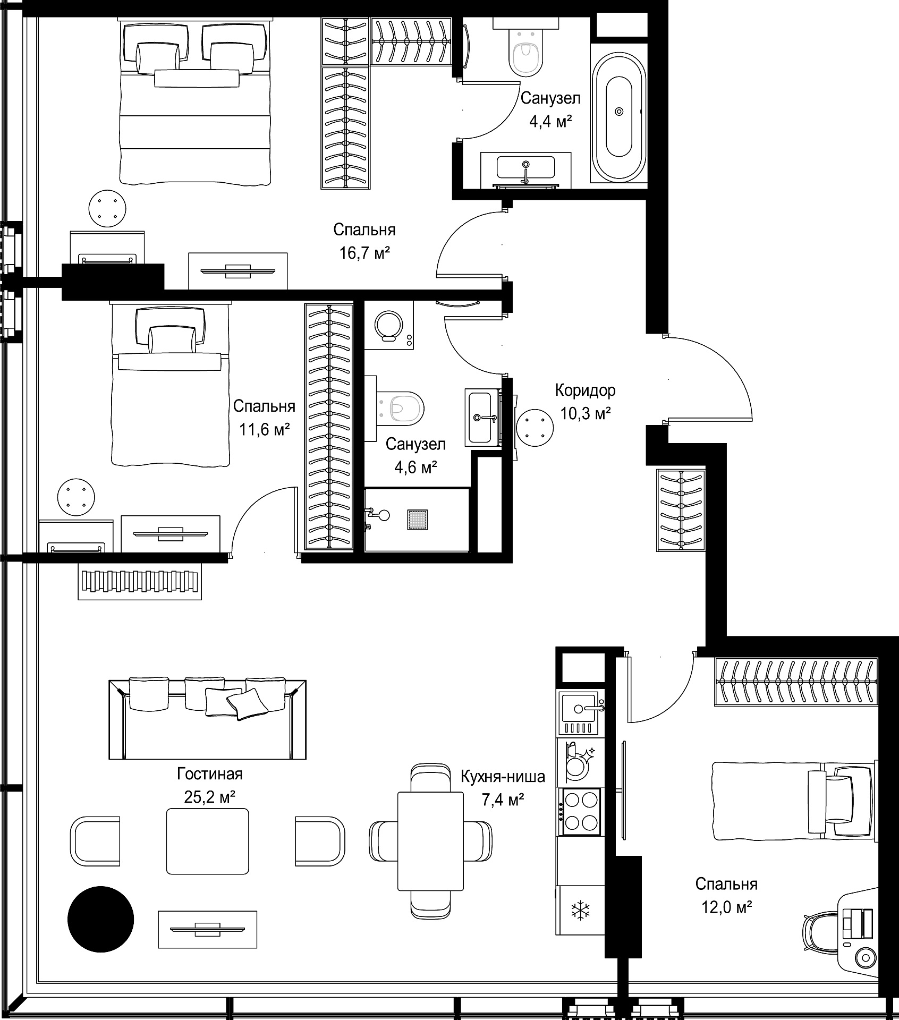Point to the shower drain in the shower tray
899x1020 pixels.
pyautogui.click(x=418, y=520)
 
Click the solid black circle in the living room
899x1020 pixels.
pyautogui.click(x=100, y=920)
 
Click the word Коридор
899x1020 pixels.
pyautogui.click(x=585, y=390)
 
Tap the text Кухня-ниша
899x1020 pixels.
pyautogui.click(x=503, y=777)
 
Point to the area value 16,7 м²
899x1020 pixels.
pyautogui.click(x=365, y=253)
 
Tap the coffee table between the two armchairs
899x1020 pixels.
pyautogui.click(x=207, y=841)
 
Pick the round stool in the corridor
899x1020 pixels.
pyautogui.click(x=534, y=427)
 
